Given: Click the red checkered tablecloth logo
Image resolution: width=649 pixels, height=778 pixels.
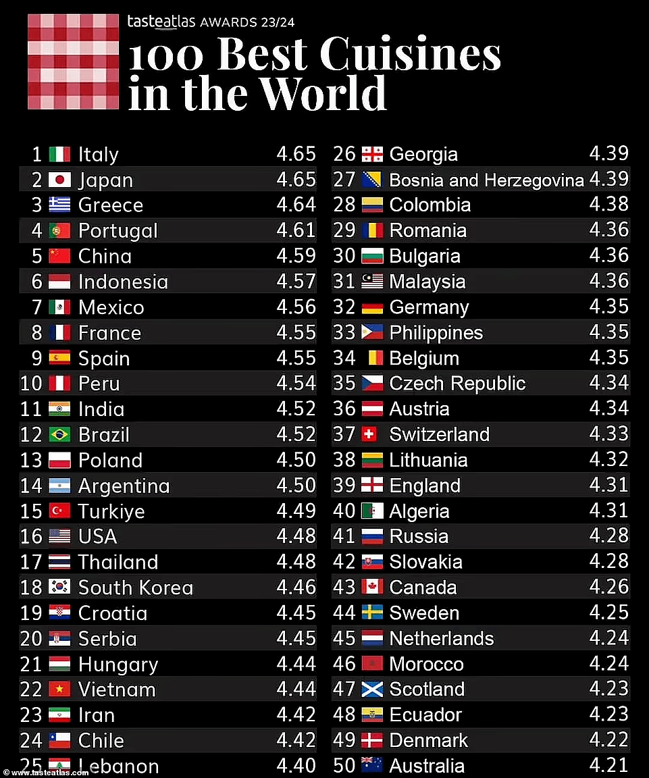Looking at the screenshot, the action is point(74,61).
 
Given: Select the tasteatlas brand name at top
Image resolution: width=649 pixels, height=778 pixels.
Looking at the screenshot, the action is point(161,22).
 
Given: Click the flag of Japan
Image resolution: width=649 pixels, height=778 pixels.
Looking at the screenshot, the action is point(59,180).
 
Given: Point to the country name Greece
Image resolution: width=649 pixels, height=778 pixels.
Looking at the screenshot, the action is point(111,205).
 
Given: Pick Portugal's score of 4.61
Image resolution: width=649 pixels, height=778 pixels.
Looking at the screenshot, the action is point(296,230).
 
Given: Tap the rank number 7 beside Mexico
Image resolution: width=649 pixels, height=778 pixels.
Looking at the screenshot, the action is point(37,307).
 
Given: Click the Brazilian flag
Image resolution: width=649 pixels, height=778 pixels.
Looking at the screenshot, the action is point(59,435).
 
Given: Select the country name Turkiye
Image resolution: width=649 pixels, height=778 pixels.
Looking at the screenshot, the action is point(111,511).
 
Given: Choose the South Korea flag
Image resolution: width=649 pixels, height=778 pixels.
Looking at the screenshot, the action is point(59,588).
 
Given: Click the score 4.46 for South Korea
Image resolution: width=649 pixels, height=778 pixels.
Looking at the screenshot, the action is point(296,587).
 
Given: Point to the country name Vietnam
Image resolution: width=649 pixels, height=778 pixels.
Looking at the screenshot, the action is point(117,690).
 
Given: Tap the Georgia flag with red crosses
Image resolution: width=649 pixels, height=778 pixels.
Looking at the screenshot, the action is point(372,154).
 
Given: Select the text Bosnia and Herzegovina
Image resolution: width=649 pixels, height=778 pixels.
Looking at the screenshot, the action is point(487,180).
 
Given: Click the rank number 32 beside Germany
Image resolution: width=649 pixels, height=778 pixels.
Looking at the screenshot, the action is point(344,307).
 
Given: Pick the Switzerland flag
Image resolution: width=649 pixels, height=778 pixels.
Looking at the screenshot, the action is point(369,435).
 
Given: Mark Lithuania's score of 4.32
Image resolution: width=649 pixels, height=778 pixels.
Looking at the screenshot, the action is point(608,459).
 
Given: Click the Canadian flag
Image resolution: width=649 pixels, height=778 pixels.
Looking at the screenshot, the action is point(372,587).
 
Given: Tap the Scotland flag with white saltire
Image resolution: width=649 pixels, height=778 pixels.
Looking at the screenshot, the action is point(372,689).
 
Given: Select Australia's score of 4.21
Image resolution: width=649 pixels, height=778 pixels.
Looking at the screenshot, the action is point(608,764).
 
